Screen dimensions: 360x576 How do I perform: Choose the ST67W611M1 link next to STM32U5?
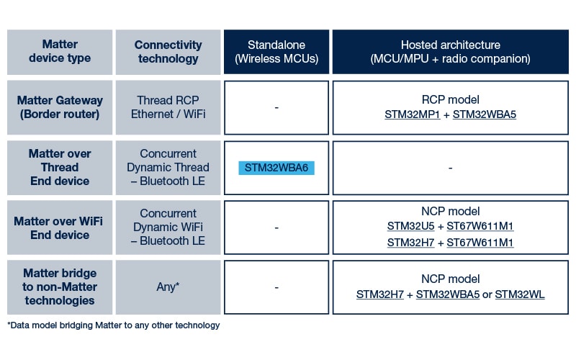[480, 226]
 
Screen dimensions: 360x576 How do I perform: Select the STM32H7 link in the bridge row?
[382, 294]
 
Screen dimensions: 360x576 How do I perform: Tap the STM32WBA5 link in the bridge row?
[448, 294]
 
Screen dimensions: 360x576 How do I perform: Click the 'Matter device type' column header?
[60, 51]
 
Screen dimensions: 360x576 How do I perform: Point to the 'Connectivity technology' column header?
[168, 51]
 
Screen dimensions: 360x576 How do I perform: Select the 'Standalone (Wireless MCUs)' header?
[276, 51]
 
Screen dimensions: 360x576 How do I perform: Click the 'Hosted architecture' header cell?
[450, 51]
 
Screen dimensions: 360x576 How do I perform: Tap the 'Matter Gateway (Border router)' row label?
[60, 107]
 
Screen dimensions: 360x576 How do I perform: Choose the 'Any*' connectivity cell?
[168, 287]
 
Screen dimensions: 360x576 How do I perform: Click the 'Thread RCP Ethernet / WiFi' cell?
[168, 107]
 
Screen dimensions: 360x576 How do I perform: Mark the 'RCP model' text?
[450, 99]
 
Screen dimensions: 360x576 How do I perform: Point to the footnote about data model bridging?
[114, 325]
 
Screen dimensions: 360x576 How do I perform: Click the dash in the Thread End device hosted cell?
[450, 168]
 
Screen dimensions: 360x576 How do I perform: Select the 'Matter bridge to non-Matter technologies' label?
[60, 287]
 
